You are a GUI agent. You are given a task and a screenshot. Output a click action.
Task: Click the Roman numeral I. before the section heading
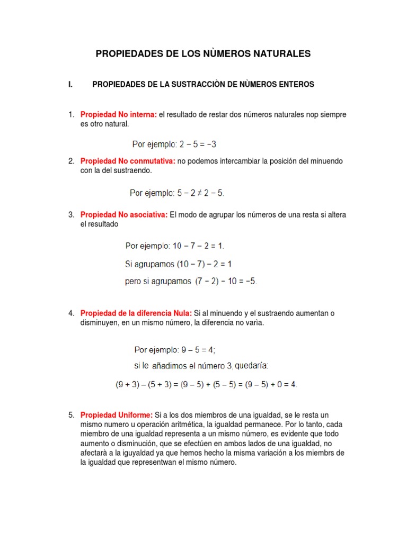pyautogui.click(x=70, y=84)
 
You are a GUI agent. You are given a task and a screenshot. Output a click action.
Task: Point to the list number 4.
pyautogui.click(x=71, y=313)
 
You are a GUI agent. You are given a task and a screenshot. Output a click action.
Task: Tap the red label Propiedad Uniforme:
pyautogui.click(x=117, y=415)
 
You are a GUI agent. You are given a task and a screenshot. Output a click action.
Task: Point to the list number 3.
pyautogui.click(x=71, y=214)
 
